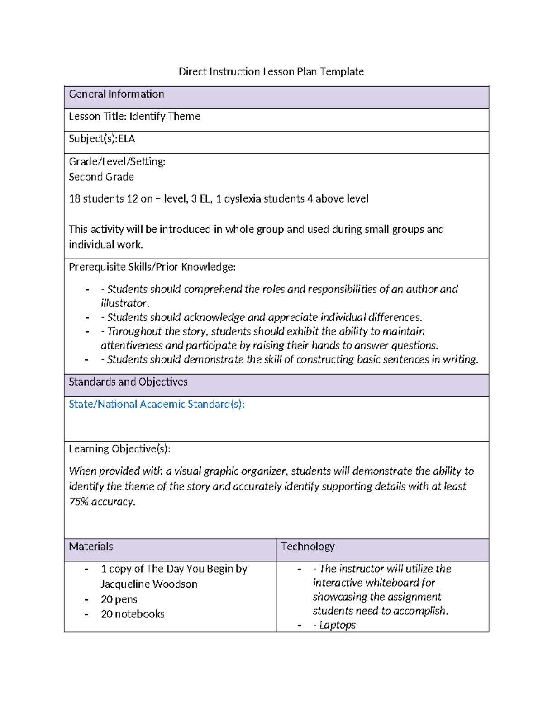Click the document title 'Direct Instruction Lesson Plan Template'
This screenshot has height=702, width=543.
click(271, 71)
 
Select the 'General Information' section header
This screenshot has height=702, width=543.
click(116, 94)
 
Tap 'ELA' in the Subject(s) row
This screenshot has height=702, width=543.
click(126, 139)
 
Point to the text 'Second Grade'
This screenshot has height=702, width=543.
click(101, 177)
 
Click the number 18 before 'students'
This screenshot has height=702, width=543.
click(75, 198)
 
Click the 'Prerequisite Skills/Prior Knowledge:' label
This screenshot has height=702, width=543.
click(152, 267)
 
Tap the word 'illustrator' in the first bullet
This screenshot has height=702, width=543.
click(124, 303)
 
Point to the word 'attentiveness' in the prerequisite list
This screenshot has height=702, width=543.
click(132, 345)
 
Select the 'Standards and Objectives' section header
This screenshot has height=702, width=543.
click(128, 382)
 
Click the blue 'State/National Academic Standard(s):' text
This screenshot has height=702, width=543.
click(157, 404)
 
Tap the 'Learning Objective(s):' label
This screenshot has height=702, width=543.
click(119, 448)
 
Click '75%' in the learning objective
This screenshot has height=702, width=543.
click(79, 502)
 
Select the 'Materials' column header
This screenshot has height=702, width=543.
click(91, 546)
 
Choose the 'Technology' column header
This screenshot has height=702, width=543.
click(308, 546)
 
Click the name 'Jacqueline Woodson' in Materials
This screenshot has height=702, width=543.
click(149, 584)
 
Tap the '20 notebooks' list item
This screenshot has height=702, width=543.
click(133, 614)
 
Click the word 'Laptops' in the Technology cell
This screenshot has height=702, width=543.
click(338, 625)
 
